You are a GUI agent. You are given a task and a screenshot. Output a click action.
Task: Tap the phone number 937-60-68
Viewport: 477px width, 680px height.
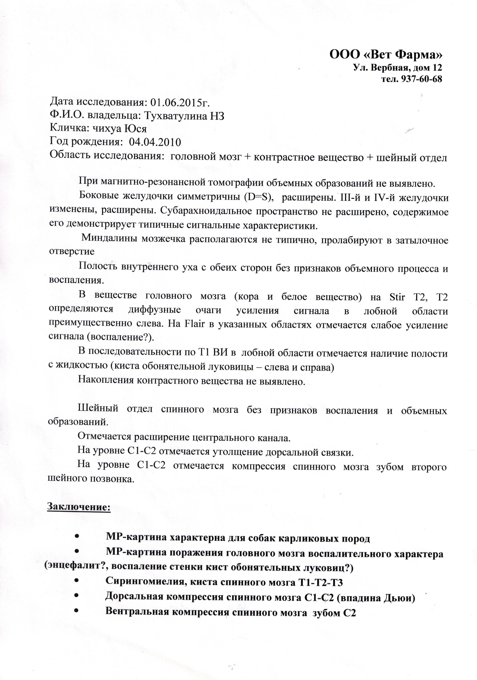point(421,79)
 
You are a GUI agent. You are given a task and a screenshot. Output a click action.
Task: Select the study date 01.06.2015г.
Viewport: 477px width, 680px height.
point(180,102)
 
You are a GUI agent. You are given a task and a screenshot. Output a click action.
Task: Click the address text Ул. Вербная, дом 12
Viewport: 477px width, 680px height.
point(398,68)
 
